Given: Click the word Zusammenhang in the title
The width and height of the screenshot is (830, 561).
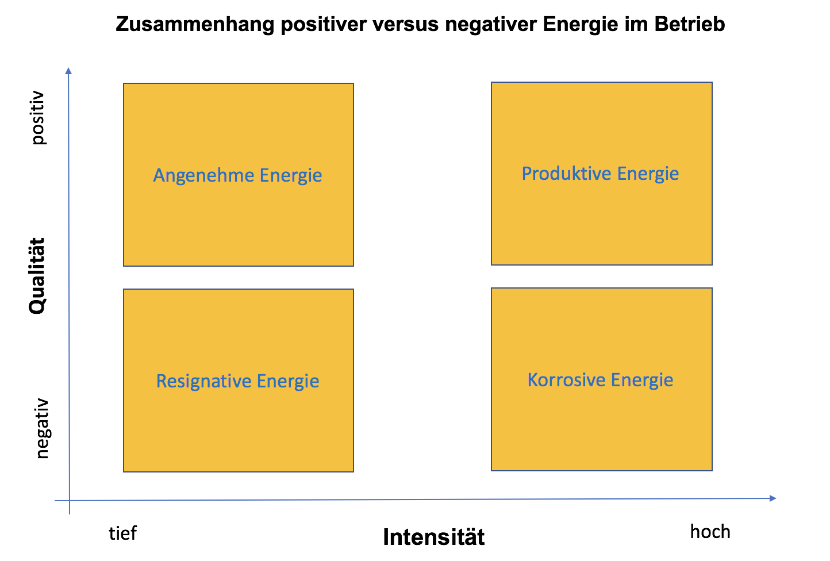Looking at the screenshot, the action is (195, 25).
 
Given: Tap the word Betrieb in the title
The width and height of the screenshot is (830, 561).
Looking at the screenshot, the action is (690, 24).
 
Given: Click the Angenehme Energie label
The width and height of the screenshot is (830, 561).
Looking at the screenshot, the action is (237, 176).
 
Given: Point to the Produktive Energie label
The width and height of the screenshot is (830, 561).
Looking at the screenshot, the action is (600, 174).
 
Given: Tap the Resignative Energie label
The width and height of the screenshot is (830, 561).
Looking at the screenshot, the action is (237, 381).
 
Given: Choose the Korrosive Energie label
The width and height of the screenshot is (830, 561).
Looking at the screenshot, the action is (600, 380).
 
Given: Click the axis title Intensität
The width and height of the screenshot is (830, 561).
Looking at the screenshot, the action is (433, 536).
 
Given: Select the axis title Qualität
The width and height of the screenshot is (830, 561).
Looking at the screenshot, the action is (37, 276).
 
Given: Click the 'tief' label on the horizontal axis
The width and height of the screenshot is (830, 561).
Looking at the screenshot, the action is (122, 533).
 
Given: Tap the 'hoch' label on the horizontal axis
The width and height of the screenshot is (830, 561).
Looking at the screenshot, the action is (710, 532).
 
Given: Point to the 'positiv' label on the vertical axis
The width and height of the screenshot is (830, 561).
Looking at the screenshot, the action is (38, 118).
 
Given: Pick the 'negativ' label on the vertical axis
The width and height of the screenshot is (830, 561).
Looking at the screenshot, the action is (43, 429).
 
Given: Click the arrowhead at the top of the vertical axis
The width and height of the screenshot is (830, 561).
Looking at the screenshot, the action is (68, 70).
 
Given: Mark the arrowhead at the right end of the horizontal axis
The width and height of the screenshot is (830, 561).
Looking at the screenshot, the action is (773, 498).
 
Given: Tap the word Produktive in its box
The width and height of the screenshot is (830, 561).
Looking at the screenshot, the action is (567, 174).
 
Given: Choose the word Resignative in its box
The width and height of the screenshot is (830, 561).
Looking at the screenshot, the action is (203, 381).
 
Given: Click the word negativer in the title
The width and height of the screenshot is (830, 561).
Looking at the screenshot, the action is (491, 25).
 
